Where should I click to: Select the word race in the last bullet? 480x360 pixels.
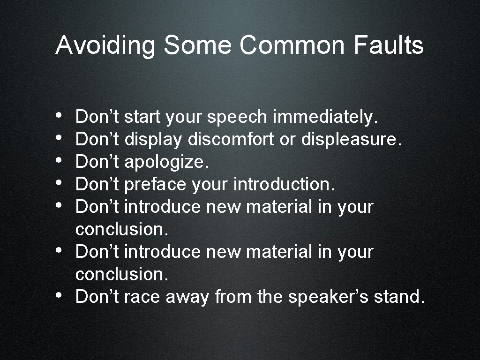tap(142, 297)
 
